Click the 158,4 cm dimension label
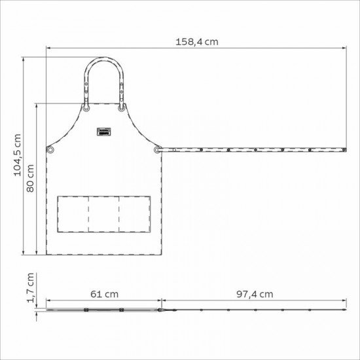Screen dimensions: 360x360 [x=197, y=42]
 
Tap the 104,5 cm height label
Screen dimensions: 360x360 [x=18, y=155]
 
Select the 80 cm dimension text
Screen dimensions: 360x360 [x=30, y=179]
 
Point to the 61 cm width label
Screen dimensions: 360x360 [x=105, y=294]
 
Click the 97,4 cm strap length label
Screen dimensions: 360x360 [x=255, y=294]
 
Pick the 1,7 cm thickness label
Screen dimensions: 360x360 [x=30, y=288]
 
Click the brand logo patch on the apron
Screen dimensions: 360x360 [x=104, y=132]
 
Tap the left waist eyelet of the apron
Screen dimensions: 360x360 [x=50, y=150]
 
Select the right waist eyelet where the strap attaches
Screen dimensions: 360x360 [x=157, y=150]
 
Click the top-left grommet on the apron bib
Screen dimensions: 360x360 [x=86, y=108]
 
